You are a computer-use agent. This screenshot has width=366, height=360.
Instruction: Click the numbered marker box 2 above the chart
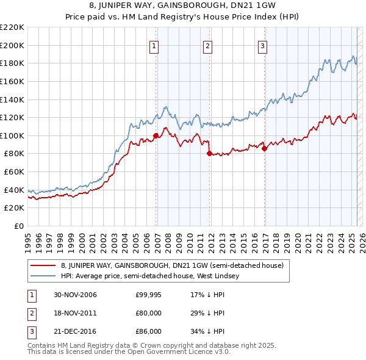tap(207, 45)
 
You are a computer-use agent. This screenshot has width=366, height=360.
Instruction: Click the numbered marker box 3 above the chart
tap(262, 45)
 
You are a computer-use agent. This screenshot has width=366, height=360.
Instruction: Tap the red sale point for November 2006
tap(156, 135)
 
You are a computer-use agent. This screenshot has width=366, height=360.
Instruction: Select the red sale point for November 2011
tap(209, 154)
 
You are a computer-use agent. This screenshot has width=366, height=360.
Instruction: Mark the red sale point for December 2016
tap(264, 148)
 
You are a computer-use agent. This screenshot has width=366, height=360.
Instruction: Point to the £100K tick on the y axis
tap(13, 135)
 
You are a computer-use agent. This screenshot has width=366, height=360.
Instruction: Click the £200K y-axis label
tap(13, 45)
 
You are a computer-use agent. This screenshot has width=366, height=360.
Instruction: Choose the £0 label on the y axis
tap(19, 226)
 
